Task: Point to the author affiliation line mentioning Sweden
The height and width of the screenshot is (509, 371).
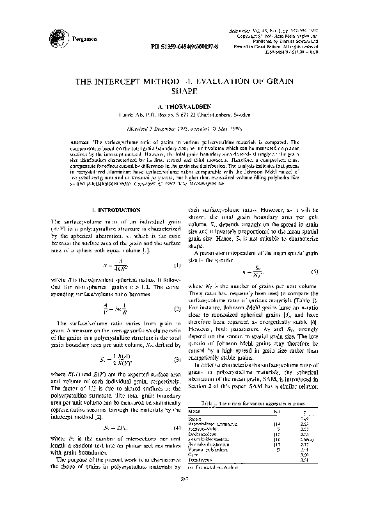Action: (x=185, y=115)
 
